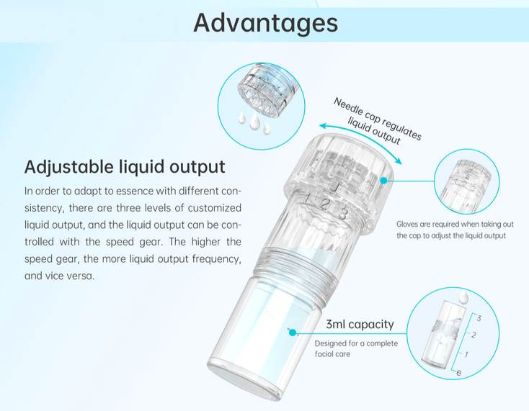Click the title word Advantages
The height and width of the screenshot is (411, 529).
click(x=265, y=23)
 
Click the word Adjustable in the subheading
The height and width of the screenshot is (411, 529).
click(x=68, y=167)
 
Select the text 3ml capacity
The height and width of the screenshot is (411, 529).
click(x=360, y=324)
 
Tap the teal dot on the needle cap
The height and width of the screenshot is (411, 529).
click(x=383, y=181)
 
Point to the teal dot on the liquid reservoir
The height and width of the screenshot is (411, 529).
click(x=293, y=333)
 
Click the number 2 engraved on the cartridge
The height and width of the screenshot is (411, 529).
click(x=324, y=204)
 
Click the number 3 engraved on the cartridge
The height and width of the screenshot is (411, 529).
click(x=342, y=214)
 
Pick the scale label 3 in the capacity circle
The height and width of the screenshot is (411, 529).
click(x=479, y=317)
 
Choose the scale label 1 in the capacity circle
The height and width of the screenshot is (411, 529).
click(x=466, y=354)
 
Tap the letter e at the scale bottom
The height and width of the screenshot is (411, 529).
click(x=459, y=372)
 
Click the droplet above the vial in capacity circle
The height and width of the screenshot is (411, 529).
click(x=464, y=297)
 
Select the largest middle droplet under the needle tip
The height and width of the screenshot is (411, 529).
click(x=254, y=121)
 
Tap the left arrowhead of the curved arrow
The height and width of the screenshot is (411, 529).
click(x=323, y=126)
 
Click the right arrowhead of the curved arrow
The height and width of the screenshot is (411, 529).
click(x=399, y=161)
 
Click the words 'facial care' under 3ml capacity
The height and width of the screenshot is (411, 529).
click(x=333, y=354)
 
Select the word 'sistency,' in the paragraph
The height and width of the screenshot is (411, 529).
click(x=44, y=208)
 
